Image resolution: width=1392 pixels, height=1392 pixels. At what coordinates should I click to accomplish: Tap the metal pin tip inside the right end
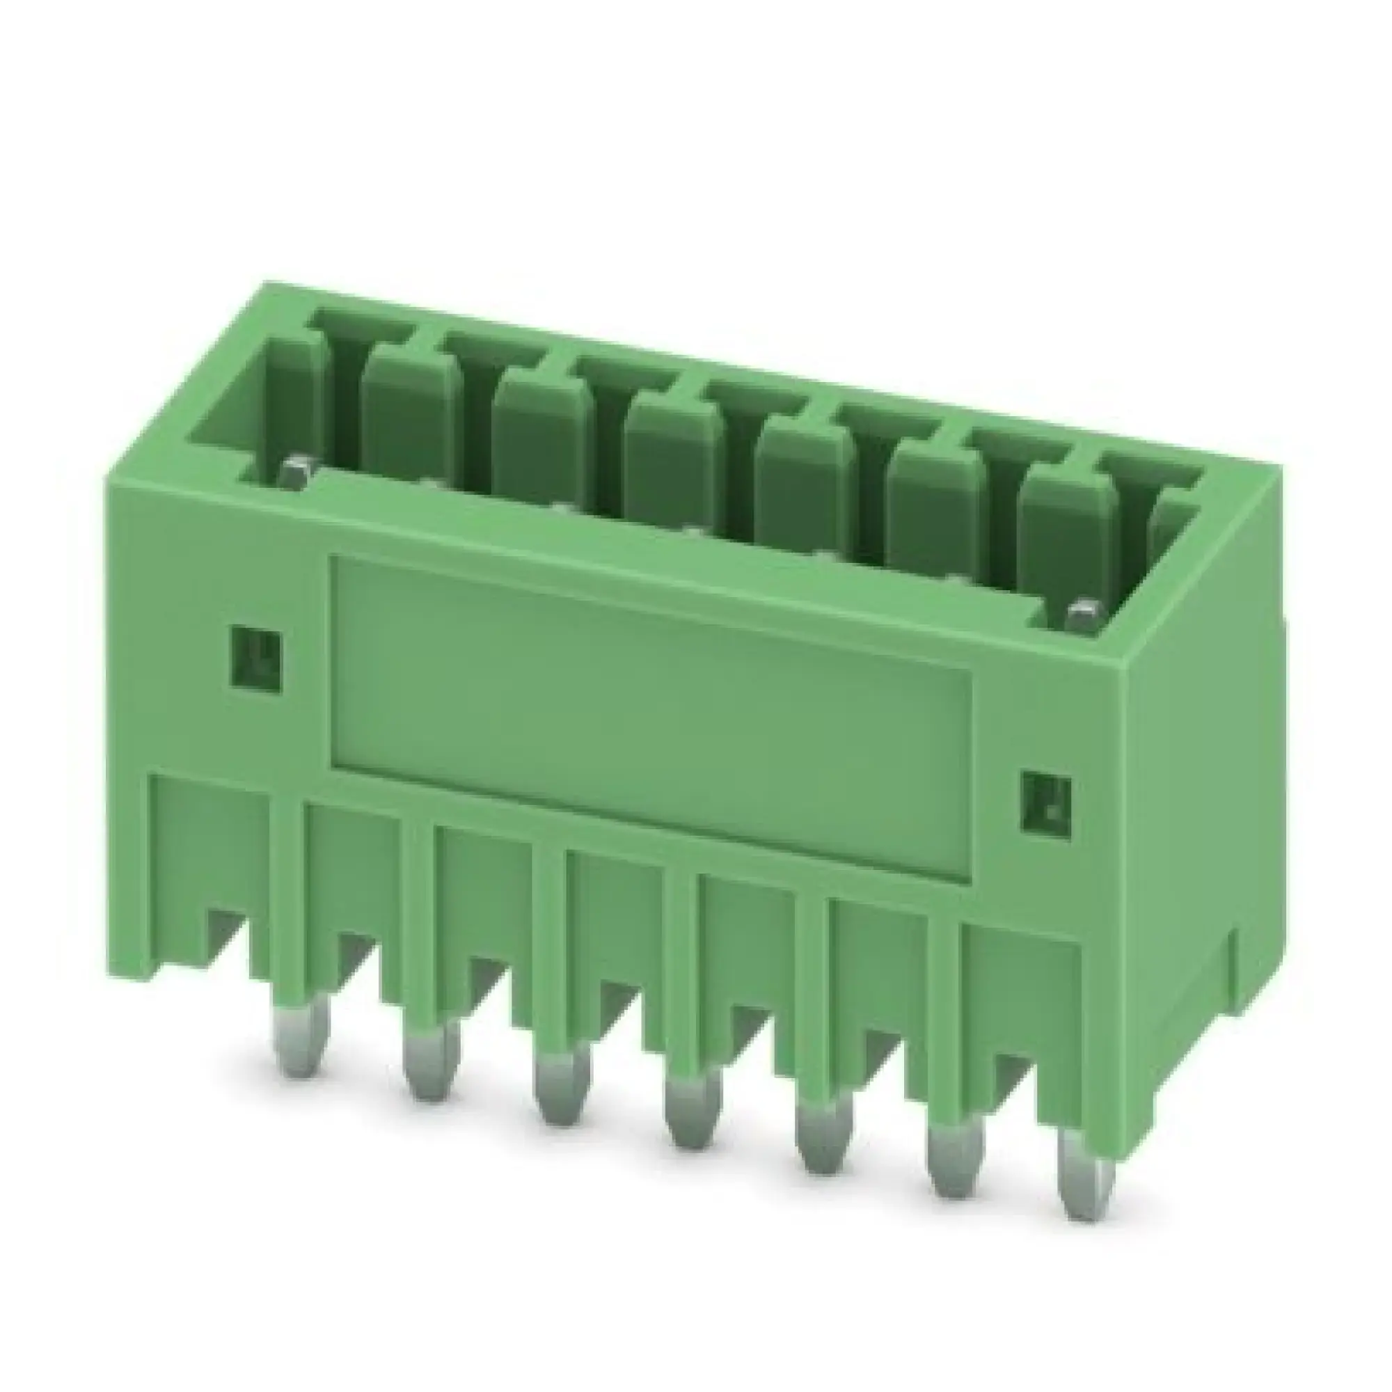[x=1082, y=616]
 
